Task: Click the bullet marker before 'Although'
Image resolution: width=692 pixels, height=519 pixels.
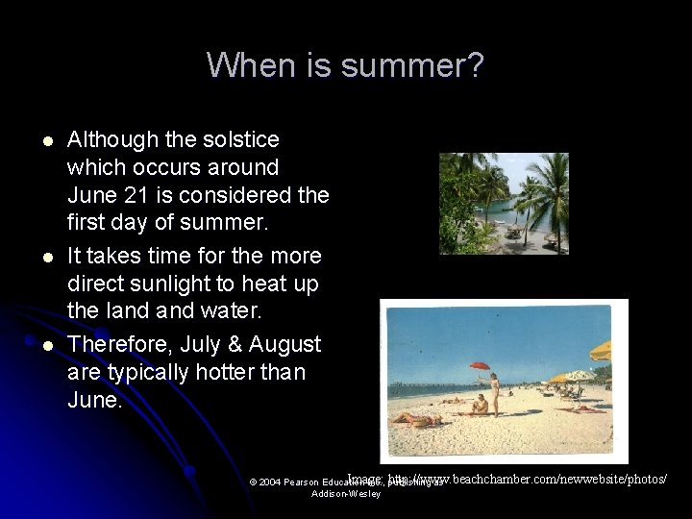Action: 46,141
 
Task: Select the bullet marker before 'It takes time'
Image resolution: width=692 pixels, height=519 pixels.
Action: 46,258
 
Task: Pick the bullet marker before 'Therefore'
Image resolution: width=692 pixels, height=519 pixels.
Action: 46,345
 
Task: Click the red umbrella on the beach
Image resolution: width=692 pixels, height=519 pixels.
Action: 480,366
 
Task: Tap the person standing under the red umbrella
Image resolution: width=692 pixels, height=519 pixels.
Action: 494,394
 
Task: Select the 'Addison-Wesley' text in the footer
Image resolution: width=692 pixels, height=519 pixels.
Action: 346,494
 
